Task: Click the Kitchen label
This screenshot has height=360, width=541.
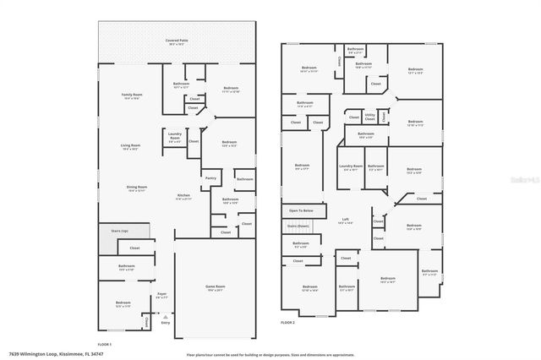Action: [183, 195]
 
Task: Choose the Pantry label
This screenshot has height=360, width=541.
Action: [210, 178]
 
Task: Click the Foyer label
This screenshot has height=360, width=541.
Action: [161, 294]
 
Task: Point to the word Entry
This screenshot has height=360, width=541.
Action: [165, 323]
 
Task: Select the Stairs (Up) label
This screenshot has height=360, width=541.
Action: [119, 230]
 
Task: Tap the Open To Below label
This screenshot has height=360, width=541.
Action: [301, 210]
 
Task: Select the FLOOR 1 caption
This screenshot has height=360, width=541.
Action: [104, 345]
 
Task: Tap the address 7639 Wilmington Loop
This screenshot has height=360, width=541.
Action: [38, 353]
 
